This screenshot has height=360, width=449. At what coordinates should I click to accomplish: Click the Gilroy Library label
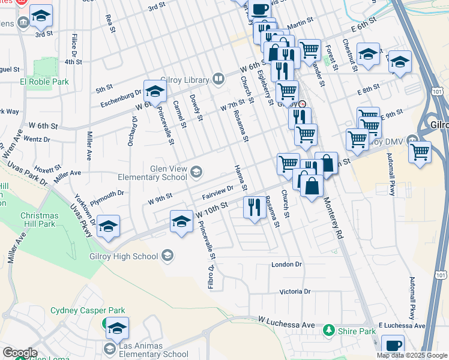pyautogui.click(x=186, y=80)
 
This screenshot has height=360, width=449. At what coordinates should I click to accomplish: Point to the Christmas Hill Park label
pyautogui.click(x=39, y=220)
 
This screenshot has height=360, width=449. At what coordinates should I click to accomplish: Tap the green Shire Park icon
pyautogui.click(x=328, y=330)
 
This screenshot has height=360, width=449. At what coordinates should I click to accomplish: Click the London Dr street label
pyautogui.click(x=285, y=265)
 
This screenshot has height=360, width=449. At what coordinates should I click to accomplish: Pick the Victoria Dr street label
pyautogui.click(x=295, y=292)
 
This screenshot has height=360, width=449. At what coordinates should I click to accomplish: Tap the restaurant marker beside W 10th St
pyautogui.click(x=255, y=208)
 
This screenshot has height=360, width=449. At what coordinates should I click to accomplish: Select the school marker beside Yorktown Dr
pyautogui.click(x=108, y=226)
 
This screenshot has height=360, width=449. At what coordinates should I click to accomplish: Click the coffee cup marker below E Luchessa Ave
pyautogui.click(x=393, y=346)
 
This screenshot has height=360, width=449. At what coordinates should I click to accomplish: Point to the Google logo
pyautogui.click(x=20, y=353)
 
